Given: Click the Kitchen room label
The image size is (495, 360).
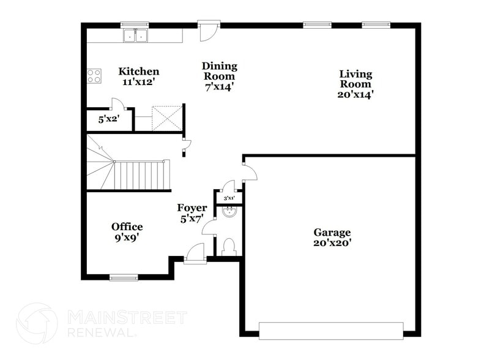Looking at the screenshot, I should (x=139, y=72).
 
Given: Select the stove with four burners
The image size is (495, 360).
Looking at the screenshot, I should (x=94, y=76).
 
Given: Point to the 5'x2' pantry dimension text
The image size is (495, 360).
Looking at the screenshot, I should (x=110, y=120).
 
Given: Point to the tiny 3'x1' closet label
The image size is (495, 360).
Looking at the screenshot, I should (x=229, y=198).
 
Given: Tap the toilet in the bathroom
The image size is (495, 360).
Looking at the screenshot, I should (x=229, y=247).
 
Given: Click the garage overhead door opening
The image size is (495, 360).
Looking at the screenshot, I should (x=331, y=331).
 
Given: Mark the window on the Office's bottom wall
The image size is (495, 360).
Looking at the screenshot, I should (x=124, y=278).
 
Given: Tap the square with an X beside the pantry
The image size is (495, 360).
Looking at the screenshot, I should (x=166, y=118).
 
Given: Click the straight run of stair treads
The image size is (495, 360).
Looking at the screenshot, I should (x=141, y=176).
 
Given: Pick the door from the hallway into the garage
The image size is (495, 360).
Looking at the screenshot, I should (x=249, y=171).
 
